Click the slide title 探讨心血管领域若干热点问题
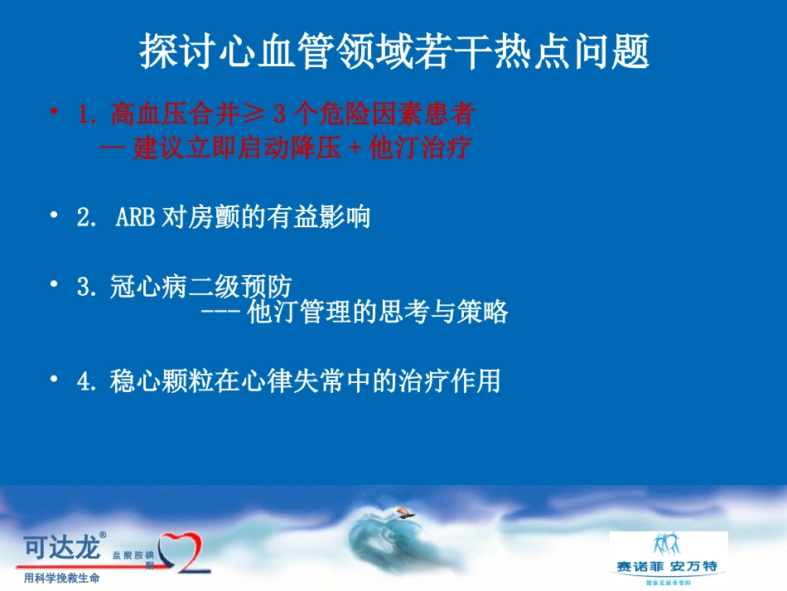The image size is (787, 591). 393,52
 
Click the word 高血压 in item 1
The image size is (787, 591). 145,114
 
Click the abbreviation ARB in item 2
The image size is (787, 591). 136,218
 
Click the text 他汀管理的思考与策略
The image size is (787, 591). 378,312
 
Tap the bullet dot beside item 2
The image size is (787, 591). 55,216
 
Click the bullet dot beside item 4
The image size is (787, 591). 55,379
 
